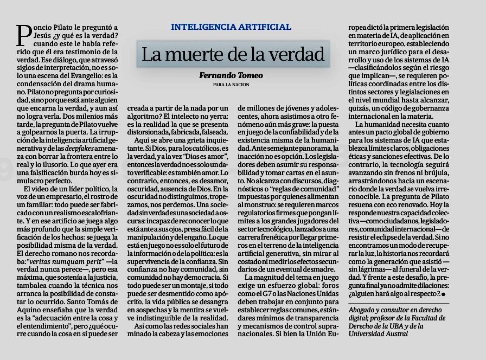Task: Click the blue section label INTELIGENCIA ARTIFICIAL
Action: (x=231, y=27)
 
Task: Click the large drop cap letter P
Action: (x=23, y=36)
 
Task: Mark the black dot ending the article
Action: (x=444, y=294)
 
